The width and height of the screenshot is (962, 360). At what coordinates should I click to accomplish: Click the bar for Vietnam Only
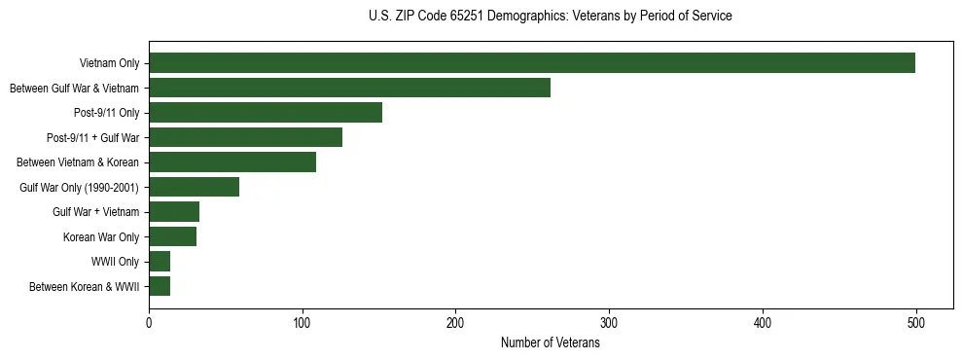[x=532, y=63]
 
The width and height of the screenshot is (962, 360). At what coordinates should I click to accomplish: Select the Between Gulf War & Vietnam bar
[x=349, y=88]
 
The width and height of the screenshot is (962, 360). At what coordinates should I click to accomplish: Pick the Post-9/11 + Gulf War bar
[x=245, y=137]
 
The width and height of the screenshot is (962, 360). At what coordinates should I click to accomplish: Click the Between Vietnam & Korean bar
[x=232, y=162]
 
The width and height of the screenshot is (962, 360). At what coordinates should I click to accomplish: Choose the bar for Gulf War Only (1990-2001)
[x=194, y=187]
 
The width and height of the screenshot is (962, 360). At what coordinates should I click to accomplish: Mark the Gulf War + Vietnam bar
[x=174, y=212]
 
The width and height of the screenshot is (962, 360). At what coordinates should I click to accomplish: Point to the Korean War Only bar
[x=172, y=236]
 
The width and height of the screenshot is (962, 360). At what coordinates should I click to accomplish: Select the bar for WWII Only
[x=160, y=262]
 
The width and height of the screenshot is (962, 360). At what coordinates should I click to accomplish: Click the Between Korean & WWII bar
[x=160, y=286]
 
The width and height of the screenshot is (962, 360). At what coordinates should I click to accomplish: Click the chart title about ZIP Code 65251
[x=551, y=17]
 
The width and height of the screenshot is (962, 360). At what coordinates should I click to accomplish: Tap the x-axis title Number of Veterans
[x=551, y=343]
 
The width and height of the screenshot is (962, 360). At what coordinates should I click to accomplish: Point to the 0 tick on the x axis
[x=149, y=323]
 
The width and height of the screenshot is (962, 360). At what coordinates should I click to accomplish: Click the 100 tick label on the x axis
[x=303, y=323]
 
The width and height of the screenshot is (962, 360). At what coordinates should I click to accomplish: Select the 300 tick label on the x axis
[x=609, y=323]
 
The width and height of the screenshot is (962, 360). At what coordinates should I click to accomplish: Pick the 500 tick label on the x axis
[x=915, y=323]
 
